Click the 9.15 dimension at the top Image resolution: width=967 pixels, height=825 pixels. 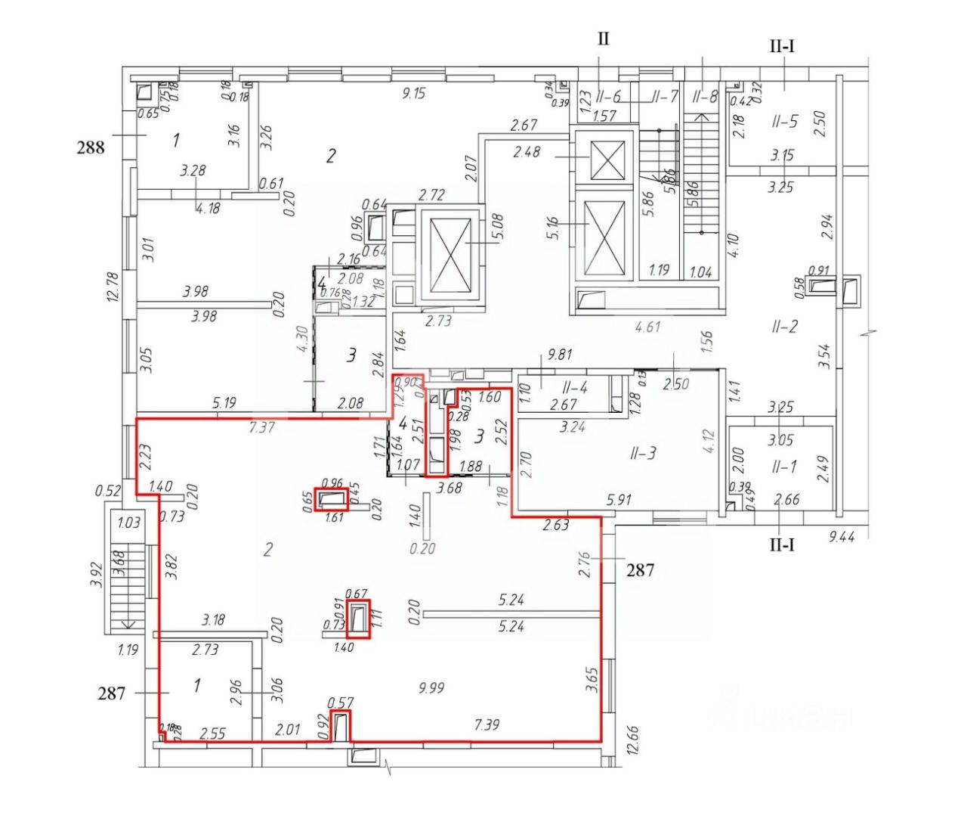[x=415, y=94]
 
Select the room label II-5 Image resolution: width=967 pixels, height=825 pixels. [x=785, y=121]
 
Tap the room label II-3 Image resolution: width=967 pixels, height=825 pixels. [x=643, y=453]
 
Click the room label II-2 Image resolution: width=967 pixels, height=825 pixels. [x=784, y=327]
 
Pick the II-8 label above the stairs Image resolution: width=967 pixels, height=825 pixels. [x=704, y=97]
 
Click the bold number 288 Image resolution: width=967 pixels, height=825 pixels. [x=91, y=147]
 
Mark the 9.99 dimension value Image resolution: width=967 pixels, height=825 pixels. [x=431, y=687]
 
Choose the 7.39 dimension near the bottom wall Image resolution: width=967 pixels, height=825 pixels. [x=487, y=725]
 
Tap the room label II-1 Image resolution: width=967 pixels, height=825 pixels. [x=784, y=467]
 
